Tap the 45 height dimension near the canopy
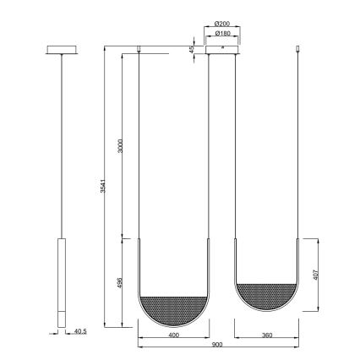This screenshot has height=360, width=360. point(192,50)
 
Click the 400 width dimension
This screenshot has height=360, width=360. point(173,337)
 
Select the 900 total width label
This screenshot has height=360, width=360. point(218,349)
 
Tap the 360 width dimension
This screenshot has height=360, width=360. point(266,337)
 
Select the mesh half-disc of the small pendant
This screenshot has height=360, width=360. point(266,297)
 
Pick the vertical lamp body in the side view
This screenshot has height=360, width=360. point(60,283)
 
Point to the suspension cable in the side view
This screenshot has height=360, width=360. point(60,144)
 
